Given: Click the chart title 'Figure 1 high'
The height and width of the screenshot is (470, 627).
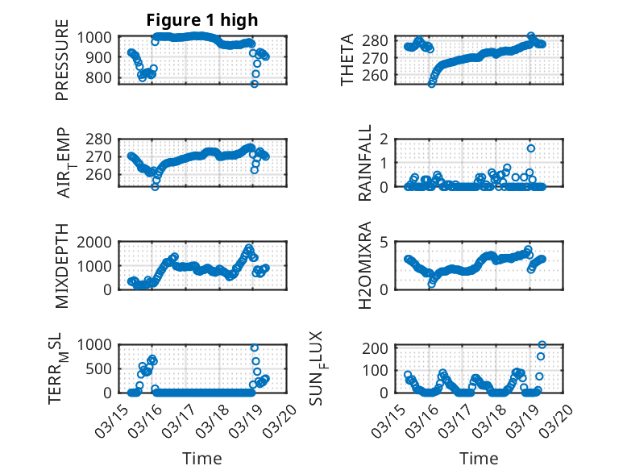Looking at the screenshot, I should pos(202,20).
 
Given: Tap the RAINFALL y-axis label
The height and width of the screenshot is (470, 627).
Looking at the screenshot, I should pos(364,162).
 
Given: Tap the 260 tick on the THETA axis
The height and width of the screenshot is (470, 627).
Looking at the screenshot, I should pos(380,76).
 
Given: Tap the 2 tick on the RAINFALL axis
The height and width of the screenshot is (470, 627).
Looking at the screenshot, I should pos(385,139).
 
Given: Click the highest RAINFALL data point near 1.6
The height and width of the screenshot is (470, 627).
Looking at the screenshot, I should pos(531,148).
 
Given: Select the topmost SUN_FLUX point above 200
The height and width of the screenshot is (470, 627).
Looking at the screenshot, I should pos(542,345).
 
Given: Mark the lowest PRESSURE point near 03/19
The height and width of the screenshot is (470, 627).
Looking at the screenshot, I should pos(254,84).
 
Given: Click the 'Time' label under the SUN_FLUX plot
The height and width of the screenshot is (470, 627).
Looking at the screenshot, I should pos(479,458).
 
